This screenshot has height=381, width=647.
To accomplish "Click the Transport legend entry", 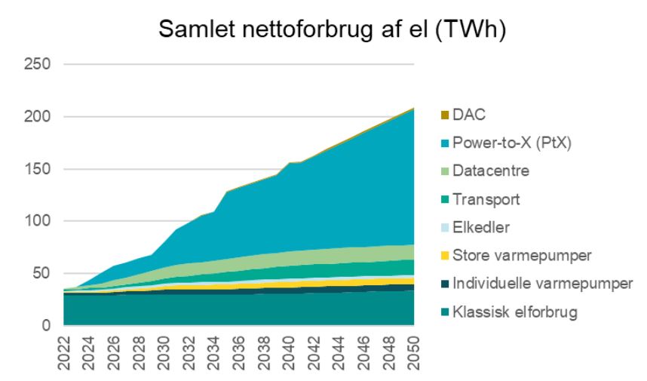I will (x=486, y=199).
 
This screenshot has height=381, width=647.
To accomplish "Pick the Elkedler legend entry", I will (x=483, y=227).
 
